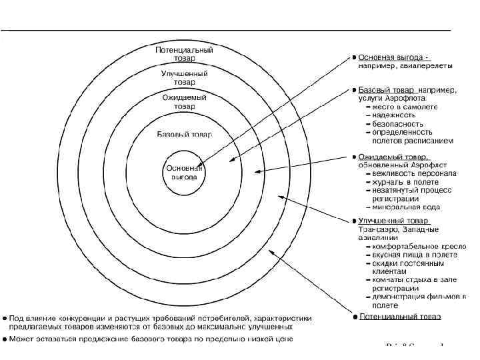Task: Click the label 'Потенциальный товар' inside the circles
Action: point(184,54)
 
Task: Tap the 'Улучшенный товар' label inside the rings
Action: point(184,77)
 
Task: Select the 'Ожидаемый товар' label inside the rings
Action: point(184,101)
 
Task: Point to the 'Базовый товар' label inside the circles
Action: point(184,134)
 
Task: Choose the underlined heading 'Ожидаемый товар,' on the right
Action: point(389,157)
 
